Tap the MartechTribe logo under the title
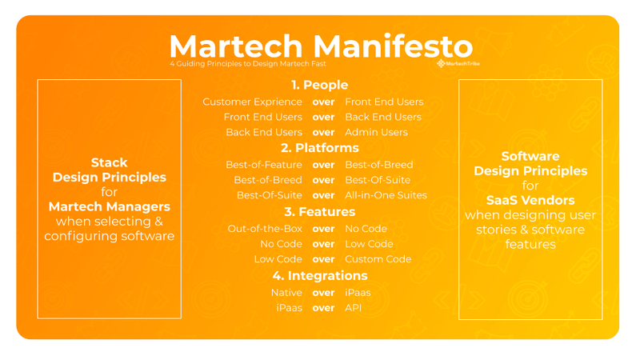[x=458, y=63]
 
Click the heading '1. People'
[x=319, y=85]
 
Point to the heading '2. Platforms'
[x=319, y=148]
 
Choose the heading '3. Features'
[x=319, y=212]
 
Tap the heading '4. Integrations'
[x=319, y=276]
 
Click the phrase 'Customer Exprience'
[x=252, y=102]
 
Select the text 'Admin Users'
[x=376, y=132]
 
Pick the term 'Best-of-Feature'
[x=263, y=165]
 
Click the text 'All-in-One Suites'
[x=386, y=195]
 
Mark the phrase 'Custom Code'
[x=378, y=259]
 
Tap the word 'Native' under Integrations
[x=286, y=293]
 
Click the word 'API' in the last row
[x=354, y=308]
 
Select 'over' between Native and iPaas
[x=323, y=293]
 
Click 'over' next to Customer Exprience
[x=323, y=102]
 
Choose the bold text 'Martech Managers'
[x=109, y=206]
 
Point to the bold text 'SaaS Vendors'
[x=530, y=200]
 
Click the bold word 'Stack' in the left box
[x=109, y=162]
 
